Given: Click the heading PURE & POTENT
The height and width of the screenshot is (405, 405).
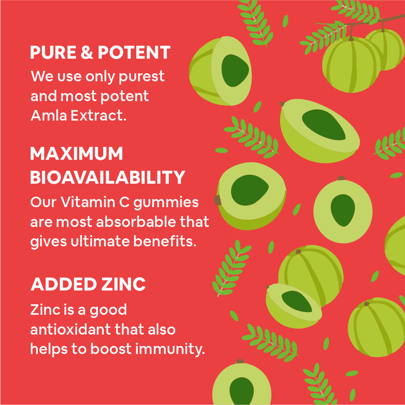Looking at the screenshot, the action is coord(100,53).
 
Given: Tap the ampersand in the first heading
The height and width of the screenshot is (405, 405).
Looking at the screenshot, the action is coord(87,53).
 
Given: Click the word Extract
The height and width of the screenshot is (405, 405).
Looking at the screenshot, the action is coord(98,115).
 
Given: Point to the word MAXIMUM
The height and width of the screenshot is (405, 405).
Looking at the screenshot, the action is coord(76,154).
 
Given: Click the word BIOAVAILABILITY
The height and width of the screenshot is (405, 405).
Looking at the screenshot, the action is coord(108,178).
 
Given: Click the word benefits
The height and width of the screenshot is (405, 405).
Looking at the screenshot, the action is coord(165,241).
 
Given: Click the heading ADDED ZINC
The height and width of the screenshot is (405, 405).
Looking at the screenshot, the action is coord(88,284).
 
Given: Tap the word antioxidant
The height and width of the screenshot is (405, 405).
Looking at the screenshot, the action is coord(70,329).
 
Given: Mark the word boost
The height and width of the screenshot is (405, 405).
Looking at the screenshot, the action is coord(111,349).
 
